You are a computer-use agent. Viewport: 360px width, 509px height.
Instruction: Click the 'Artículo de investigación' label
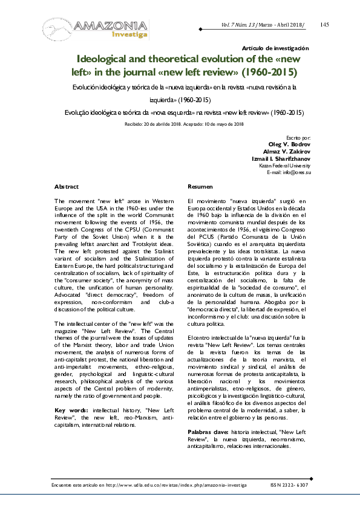point(275,48)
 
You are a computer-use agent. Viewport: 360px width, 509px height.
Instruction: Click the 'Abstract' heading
point(67,187)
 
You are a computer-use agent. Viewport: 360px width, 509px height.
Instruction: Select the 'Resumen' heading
point(200,187)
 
